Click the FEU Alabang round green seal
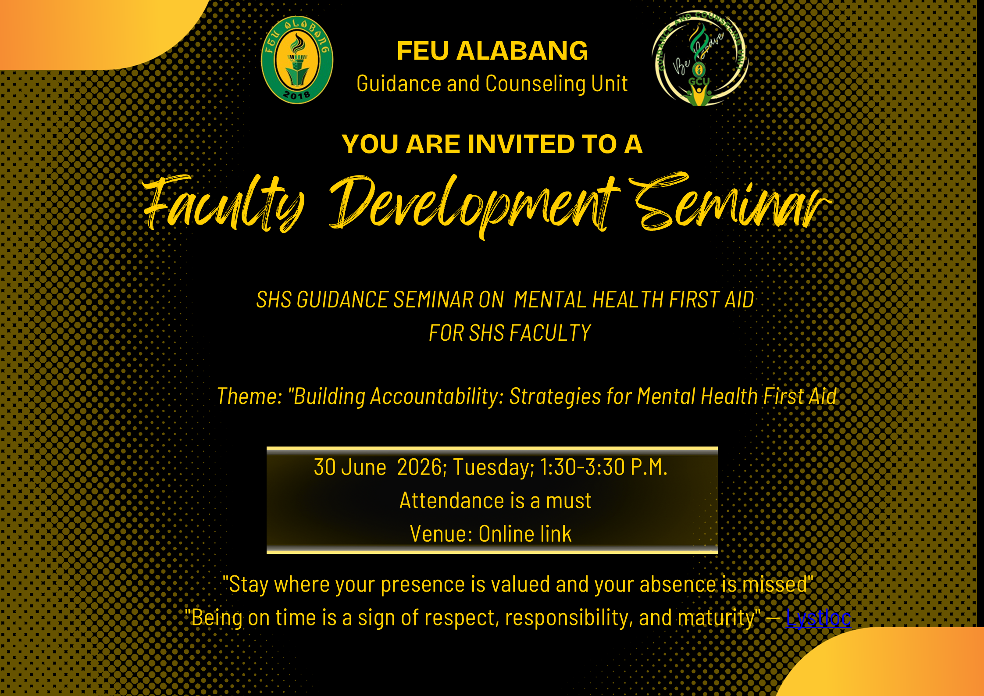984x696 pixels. point(297,60)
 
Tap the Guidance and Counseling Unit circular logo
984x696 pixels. point(700,58)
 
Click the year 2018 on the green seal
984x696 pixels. point(297,94)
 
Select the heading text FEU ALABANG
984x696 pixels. point(492,51)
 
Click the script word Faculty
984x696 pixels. point(224,203)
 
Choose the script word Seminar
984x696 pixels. point(730,201)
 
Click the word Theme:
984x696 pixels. point(250,396)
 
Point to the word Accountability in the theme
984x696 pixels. point(436,397)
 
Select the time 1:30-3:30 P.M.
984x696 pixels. point(603,467)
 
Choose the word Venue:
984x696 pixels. point(441,534)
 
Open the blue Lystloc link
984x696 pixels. point(818,618)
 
